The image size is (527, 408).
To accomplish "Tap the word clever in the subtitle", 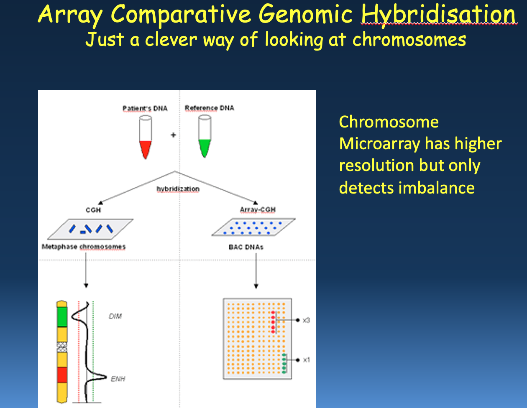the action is [171, 39].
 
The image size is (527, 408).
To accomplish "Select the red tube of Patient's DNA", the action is [146, 137].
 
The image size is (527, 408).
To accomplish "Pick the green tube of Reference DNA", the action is [205, 136].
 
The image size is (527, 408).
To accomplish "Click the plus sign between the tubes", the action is [173, 135].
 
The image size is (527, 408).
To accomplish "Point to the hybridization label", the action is [178, 189].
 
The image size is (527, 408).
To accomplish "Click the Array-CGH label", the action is [258, 209].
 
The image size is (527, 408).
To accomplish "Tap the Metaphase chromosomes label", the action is [84, 247].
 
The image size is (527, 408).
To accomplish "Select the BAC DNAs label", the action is [246, 247].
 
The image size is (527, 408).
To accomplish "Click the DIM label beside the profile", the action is [115, 316].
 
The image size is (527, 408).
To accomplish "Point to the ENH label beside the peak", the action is [118, 379].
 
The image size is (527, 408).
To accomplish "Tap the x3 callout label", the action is [306, 320].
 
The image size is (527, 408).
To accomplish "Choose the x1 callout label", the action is [307, 360].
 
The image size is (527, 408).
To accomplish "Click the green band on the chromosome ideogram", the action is [62, 317].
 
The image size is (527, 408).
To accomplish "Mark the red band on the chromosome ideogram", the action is [62, 375].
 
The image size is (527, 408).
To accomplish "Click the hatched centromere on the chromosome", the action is [62, 347].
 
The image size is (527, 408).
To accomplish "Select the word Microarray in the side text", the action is [379, 144].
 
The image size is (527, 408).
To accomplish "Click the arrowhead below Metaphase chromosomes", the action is [86, 286].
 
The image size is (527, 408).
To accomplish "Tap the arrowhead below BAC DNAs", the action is [256, 286].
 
